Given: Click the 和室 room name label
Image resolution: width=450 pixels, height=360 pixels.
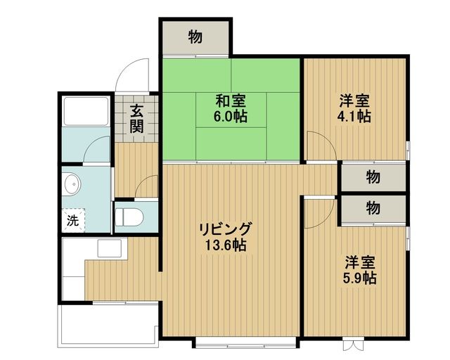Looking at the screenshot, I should (230, 99).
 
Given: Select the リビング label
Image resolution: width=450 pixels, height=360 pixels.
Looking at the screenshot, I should (224, 229).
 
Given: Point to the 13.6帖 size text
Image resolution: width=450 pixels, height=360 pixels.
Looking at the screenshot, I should (224, 246).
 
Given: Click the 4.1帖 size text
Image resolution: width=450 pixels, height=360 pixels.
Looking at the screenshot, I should (354, 116).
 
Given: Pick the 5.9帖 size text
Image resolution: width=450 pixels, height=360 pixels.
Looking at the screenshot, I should (360, 278).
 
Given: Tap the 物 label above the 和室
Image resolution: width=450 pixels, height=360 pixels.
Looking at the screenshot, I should (195, 37).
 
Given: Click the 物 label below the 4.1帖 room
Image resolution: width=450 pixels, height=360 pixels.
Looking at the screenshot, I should (373, 177).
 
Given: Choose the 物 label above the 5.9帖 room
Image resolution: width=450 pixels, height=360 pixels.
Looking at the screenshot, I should (373, 207).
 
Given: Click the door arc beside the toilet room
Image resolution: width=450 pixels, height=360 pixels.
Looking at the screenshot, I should (148, 186).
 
